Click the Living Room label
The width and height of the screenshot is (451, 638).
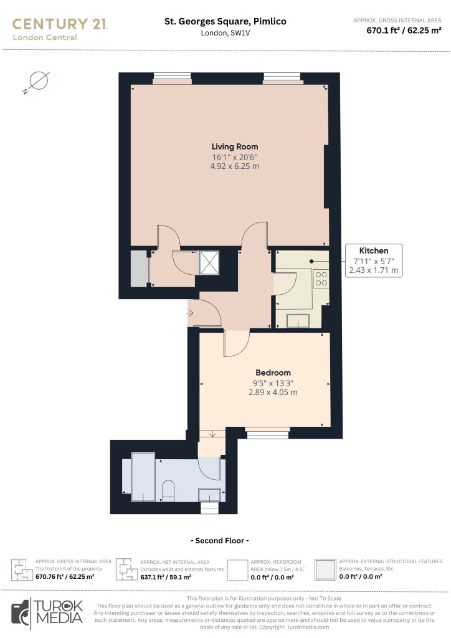coord(235,146)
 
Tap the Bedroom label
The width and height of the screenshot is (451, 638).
coord(273,373)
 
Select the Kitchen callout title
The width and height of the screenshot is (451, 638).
coord(373,250)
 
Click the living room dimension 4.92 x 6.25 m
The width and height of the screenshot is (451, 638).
coord(235,166)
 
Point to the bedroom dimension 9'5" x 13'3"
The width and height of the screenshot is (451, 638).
coord(273,383)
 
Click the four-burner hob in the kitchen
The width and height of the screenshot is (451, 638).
coord(321,279)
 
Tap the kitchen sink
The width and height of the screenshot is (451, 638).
coord(298,321)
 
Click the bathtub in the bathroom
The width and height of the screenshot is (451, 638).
coord(143,477)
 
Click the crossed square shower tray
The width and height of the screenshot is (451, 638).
coord(209,263)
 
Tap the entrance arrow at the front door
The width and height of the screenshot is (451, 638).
coord(190,313)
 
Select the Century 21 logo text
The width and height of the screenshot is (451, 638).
coord(60,24)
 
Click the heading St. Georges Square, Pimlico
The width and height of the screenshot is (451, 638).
coord(225,22)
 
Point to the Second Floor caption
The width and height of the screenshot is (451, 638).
coord(220,541)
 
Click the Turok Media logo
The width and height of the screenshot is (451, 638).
coord(47,613)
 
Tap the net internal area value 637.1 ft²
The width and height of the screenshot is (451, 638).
coord(153,577)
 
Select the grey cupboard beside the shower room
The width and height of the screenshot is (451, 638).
coord(139,269)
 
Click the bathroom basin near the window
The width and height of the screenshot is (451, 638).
coord(209,495)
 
